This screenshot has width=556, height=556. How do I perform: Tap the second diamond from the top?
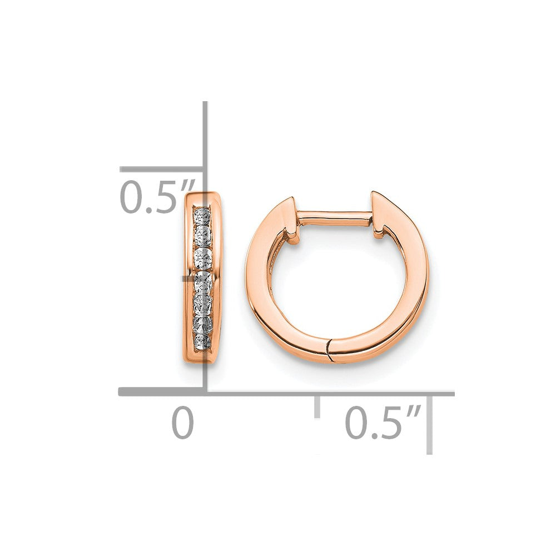tap(202, 235)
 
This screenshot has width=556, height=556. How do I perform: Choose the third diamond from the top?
tap(202, 257)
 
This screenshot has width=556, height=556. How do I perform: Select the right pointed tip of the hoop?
tap(374, 194)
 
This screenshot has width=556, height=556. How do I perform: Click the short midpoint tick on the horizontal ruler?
tap(317, 406)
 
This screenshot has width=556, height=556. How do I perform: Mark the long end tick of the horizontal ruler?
tap(429, 423)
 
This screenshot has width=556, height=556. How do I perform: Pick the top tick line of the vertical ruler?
tap(161, 169)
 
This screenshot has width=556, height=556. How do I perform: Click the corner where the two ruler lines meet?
tap(205, 392)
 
